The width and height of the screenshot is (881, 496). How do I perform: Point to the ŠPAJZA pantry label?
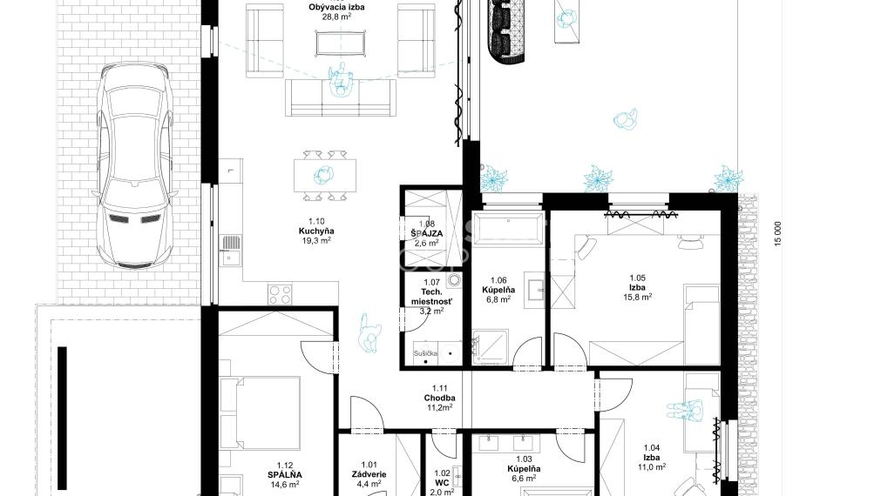pos(427,234)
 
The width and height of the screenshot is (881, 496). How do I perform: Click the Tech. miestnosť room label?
pos(431,296)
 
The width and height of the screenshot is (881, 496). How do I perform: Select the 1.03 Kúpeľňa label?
pos(524,468)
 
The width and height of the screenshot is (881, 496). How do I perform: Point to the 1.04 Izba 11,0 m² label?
pos(651,457)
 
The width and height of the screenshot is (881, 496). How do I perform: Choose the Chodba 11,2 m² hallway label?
pos(440,398)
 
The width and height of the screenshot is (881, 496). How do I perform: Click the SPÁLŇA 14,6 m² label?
pos(283,474)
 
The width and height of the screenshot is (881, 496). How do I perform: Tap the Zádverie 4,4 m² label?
pos(370,474)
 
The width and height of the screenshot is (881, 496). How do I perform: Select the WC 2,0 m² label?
pos(442,482)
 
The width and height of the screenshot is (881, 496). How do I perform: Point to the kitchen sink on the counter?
pos(231,249)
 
